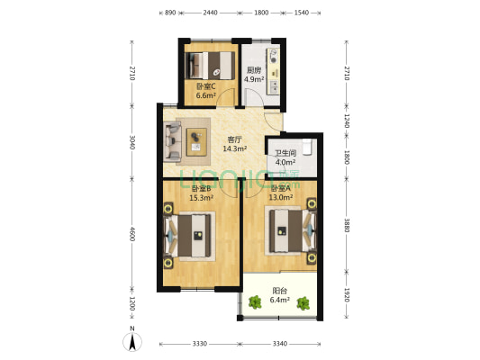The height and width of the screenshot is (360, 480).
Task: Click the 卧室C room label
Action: (205, 86)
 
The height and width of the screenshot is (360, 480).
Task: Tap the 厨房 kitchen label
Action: (254, 70)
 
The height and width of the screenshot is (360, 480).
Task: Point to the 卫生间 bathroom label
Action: (285, 153)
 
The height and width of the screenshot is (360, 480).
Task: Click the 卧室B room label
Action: (200, 188)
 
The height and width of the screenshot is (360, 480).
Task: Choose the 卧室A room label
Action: (281, 188)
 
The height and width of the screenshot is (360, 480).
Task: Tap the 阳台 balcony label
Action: (281, 291)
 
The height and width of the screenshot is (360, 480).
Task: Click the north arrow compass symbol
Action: (133, 340)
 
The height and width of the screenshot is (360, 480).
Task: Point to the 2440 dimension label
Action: (210, 13)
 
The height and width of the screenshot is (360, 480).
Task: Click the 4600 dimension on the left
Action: (132, 233)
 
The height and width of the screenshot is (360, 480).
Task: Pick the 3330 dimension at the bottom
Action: (199, 344)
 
